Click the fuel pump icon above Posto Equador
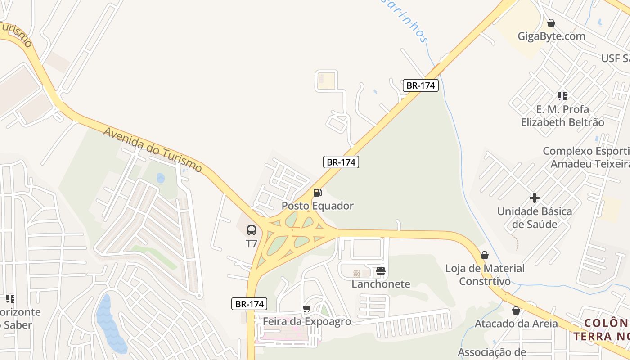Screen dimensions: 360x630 [x=317, y=193]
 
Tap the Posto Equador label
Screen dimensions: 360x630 [x=317, y=206]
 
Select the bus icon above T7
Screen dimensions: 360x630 [x=252, y=230]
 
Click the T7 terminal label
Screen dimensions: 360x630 [x=251, y=244]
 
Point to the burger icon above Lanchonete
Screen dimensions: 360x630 [x=381, y=271]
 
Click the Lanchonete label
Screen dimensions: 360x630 [x=381, y=284]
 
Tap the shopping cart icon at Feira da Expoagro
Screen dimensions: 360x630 [x=306, y=309]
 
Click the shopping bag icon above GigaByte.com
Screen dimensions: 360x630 [x=551, y=23]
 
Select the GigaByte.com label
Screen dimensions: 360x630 [x=551, y=36]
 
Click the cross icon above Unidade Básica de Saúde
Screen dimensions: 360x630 [x=535, y=198]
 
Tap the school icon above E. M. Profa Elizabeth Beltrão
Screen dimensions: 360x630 [x=562, y=96]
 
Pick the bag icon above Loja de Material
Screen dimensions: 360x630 [x=485, y=255]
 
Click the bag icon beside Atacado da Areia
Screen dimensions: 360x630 [x=516, y=310]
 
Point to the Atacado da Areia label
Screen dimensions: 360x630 [x=516, y=324]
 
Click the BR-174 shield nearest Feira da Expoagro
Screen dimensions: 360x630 [x=250, y=304]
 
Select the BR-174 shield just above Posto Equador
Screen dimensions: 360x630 [x=341, y=162]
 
